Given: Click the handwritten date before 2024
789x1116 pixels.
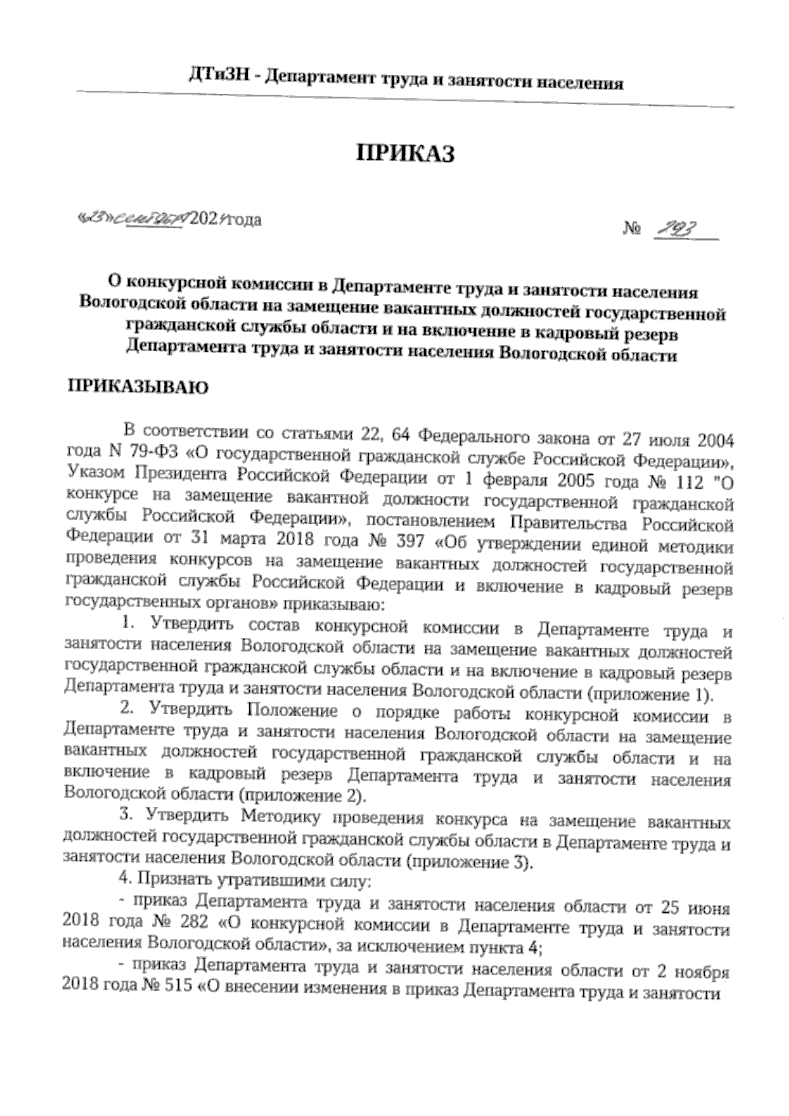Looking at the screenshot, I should click(x=131, y=219).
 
